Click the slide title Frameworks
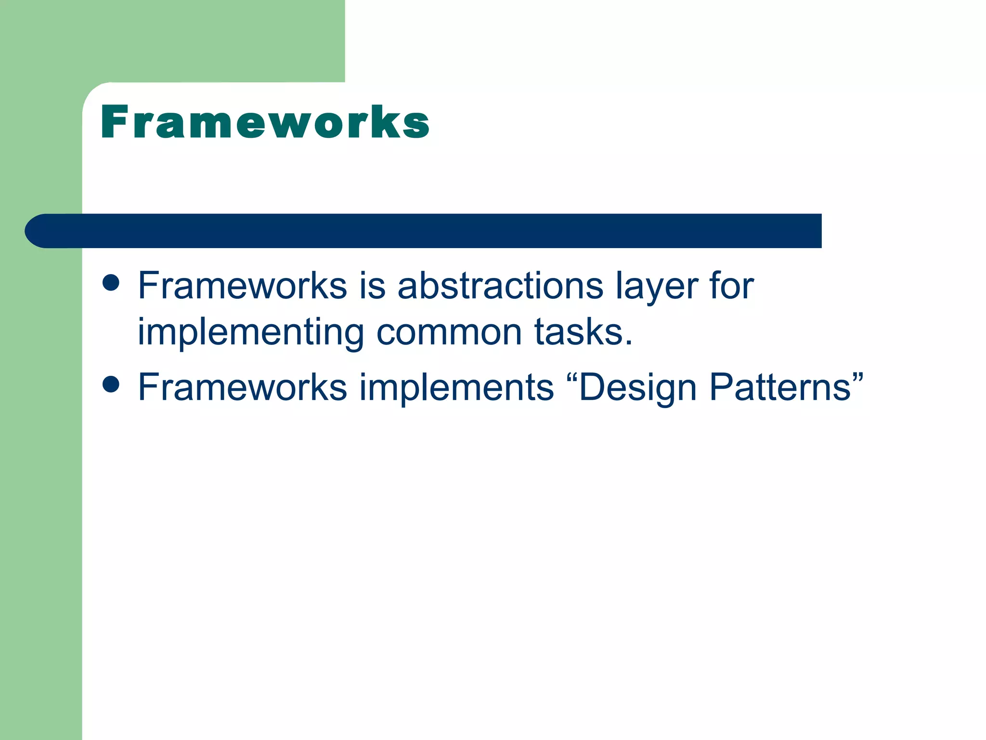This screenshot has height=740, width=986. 265,122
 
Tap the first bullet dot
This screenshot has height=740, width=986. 111,283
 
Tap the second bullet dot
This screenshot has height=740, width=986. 111,384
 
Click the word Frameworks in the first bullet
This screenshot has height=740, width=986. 242,286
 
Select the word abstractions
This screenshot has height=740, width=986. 500,286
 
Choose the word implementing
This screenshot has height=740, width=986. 250,334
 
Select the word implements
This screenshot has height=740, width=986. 457,388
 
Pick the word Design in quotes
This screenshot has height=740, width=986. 637,388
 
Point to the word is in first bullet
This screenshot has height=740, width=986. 373,286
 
